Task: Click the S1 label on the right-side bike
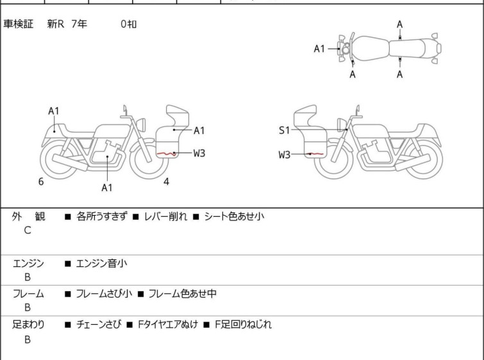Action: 284,130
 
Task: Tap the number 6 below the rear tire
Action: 41,182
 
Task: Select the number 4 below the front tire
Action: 166,182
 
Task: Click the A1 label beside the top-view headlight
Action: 319,49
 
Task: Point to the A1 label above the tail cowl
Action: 54,110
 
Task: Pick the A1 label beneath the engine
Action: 107,187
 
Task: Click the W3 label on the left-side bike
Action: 199,153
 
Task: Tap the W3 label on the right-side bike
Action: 284,154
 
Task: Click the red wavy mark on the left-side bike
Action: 167,153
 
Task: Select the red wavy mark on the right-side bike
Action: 315,153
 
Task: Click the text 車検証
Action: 18,24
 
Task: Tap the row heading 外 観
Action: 28,216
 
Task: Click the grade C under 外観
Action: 28,230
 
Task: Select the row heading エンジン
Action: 28,263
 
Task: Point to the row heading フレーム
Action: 28,293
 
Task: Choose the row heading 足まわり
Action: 28,325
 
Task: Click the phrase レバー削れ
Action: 165,216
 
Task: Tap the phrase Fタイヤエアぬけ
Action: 167,325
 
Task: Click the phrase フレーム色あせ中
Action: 183,293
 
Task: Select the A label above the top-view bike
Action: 400,24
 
